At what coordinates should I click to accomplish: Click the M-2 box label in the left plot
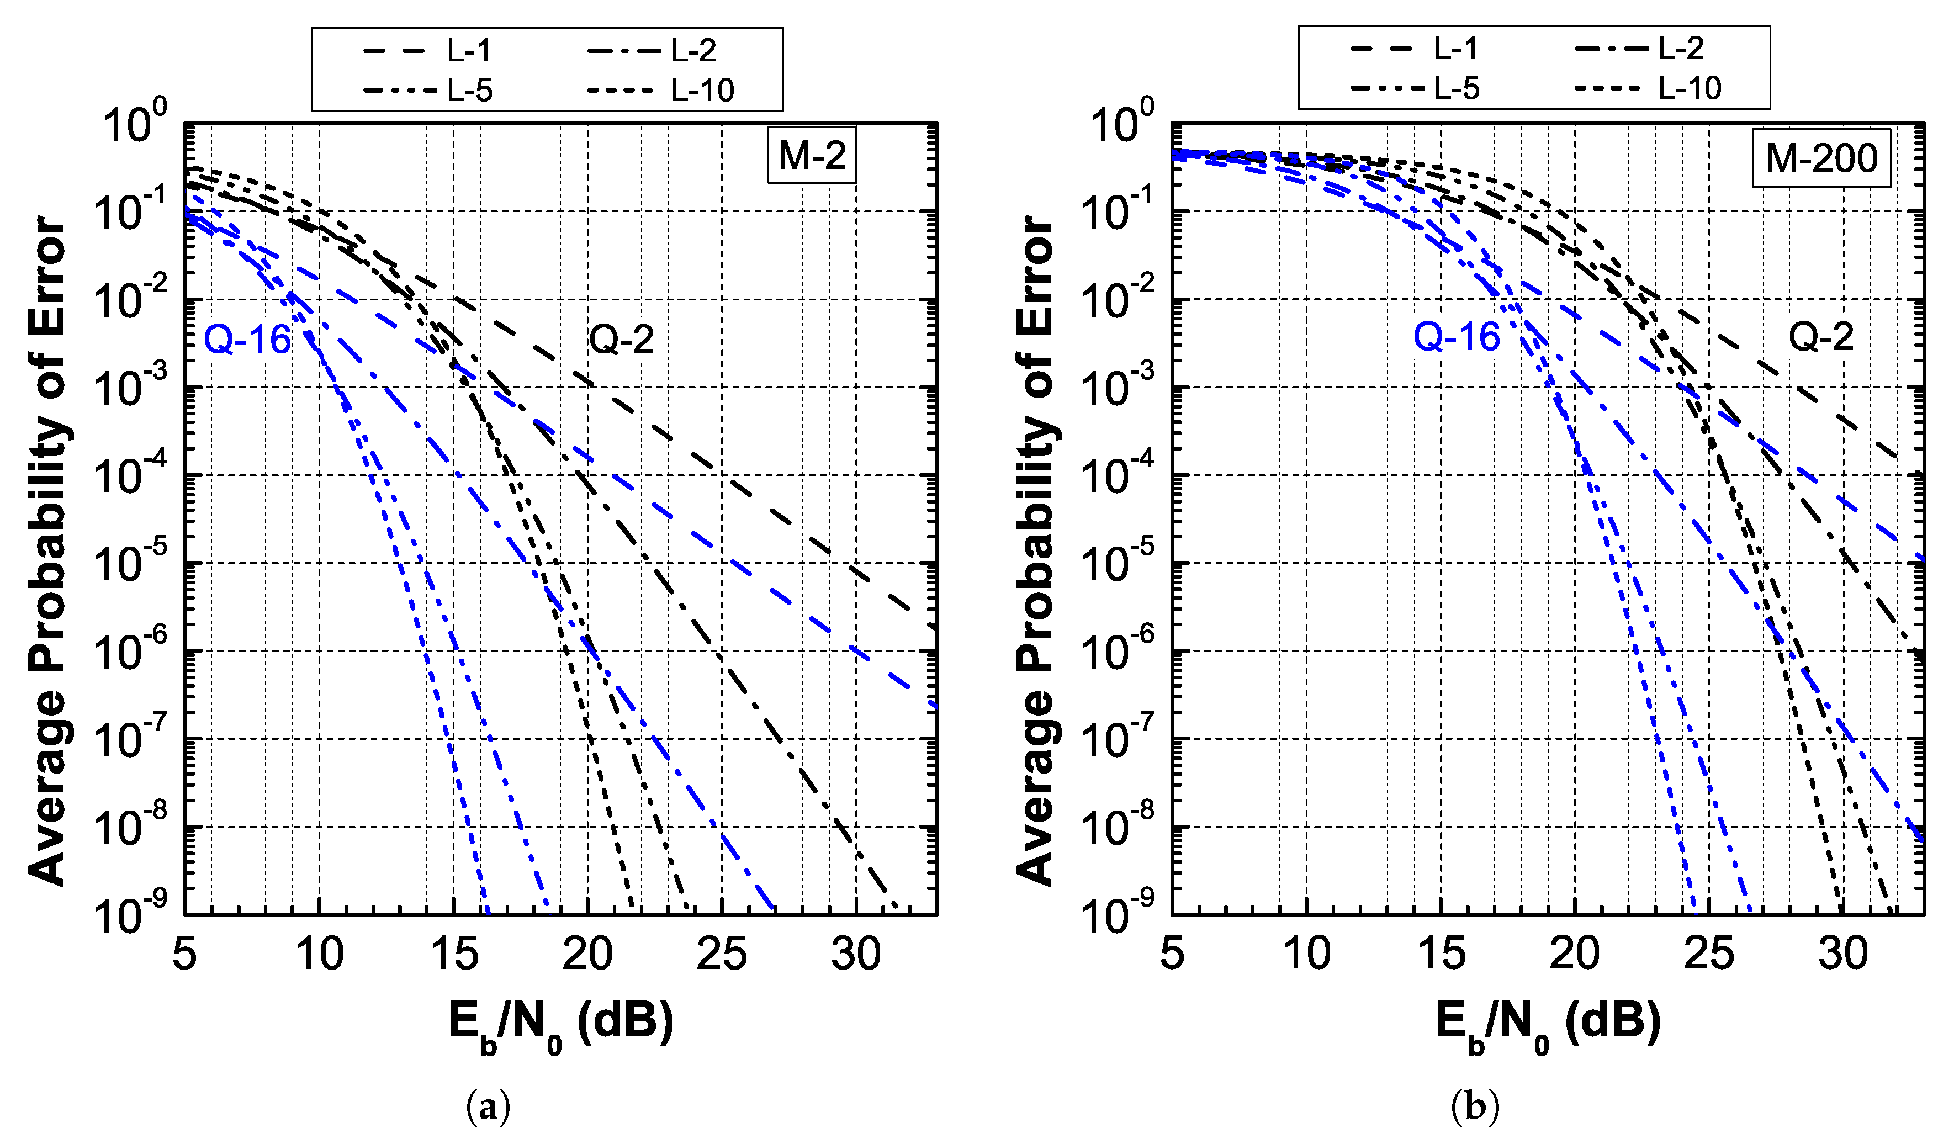click(x=811, y=155)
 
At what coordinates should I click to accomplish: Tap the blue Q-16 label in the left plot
click(x=247, y=340)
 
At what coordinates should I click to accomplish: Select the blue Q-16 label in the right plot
click(x=1455, y=337)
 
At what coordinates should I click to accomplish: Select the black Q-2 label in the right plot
click(x=1820, y=337)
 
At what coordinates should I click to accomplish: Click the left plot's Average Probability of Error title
click(x=48, y=550)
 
